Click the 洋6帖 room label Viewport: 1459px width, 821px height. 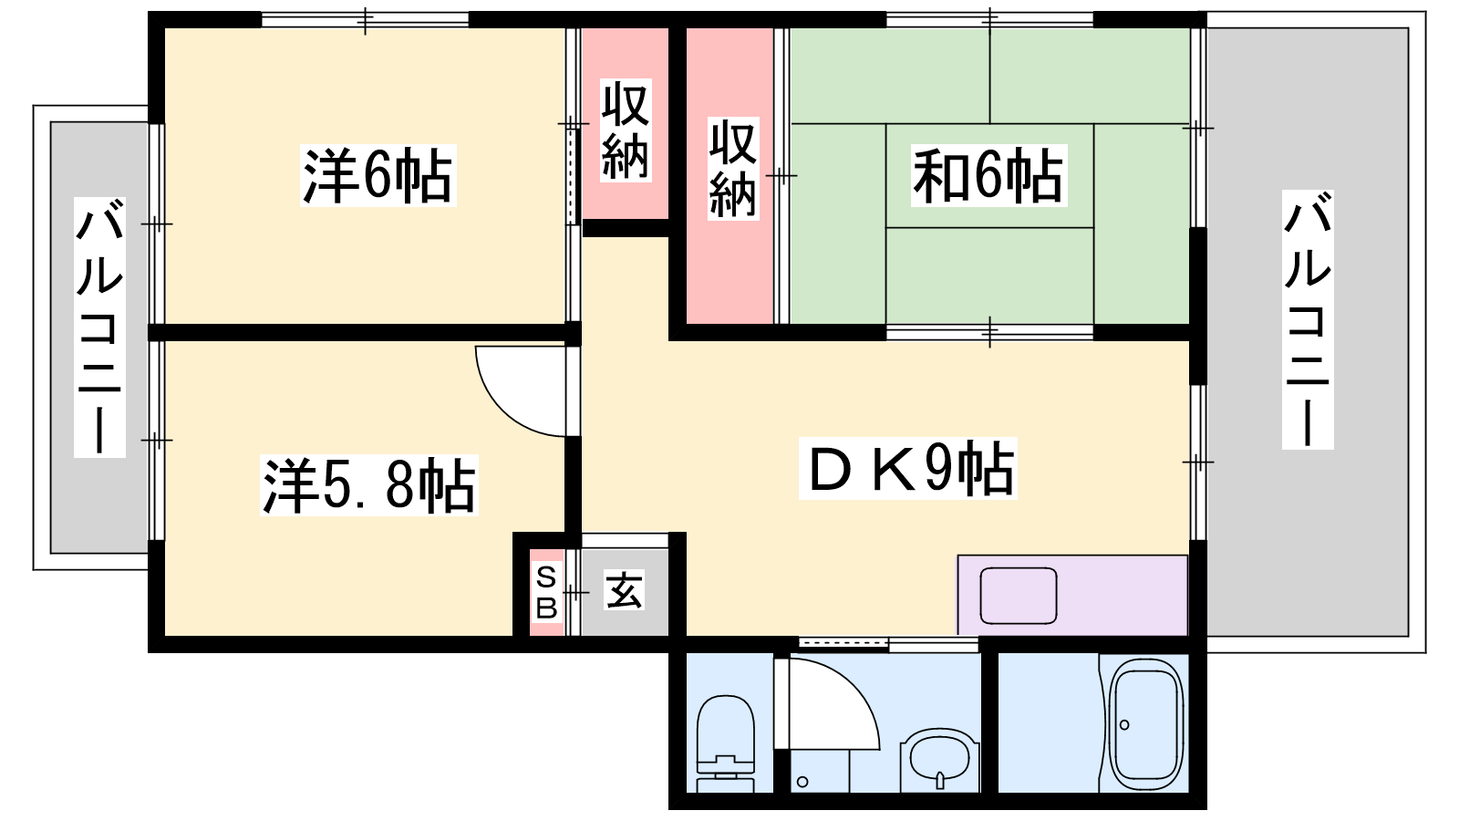[378, 176]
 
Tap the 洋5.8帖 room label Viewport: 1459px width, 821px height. [369, 486]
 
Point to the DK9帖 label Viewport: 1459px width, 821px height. [908, 469]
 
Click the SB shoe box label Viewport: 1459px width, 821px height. [546, 592]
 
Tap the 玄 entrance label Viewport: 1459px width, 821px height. [624, 589]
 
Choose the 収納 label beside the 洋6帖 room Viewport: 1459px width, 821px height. [626, 130]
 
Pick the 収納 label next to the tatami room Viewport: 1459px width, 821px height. [733, 168]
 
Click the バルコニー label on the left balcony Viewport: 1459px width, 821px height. [99, 327]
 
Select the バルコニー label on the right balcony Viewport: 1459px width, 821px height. [1308, 319]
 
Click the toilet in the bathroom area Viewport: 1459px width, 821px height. [726, 743]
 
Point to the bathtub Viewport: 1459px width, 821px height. [1146, 724]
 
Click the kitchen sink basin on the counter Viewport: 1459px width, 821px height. [1019, 596]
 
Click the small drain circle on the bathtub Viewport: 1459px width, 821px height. [1124, 724]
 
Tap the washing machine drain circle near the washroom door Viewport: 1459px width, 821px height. [802, 781]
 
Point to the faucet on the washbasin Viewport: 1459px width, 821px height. [939, 780]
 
